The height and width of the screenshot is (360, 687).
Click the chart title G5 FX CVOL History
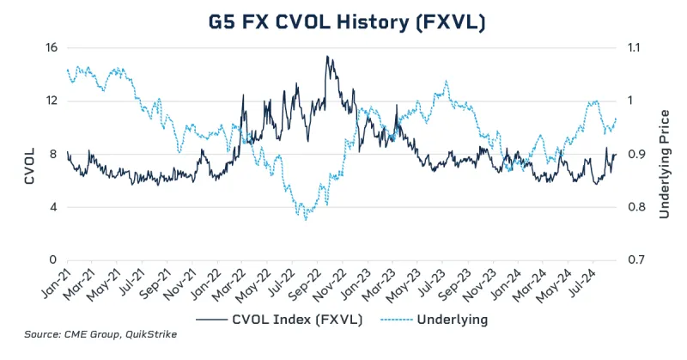343,21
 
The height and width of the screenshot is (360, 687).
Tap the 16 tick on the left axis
51,48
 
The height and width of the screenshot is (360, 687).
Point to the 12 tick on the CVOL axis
51,101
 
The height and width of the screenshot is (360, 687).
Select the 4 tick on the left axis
54,207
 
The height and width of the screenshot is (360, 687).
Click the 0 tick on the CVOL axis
54,259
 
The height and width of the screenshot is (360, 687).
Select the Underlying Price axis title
664,154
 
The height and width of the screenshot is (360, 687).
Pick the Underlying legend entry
451,320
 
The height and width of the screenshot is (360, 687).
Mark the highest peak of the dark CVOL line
326,57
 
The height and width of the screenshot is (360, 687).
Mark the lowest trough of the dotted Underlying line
306,220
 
